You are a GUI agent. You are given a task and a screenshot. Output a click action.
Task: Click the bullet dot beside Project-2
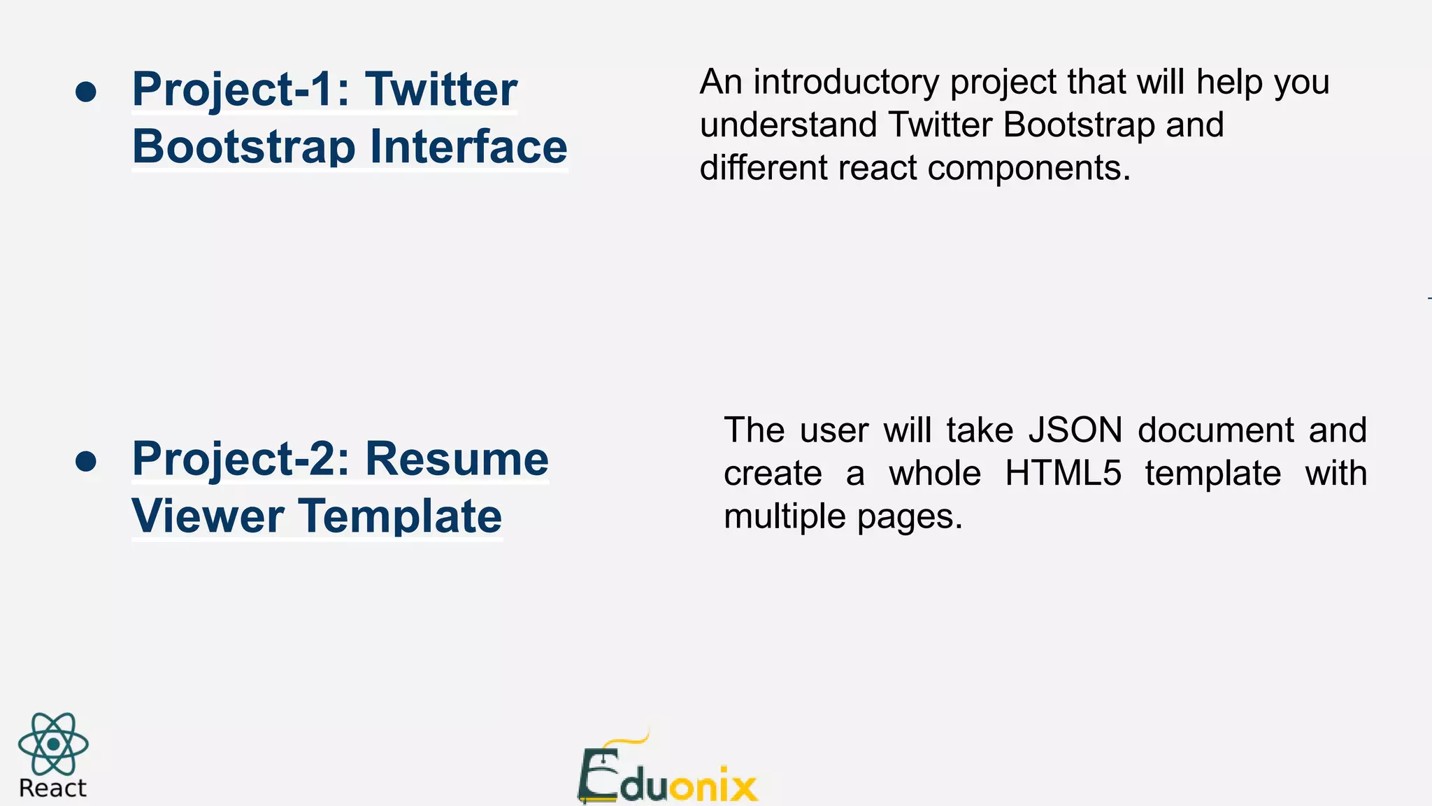[86, 462]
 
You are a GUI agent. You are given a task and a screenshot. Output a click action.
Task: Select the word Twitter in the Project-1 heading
[441, 90]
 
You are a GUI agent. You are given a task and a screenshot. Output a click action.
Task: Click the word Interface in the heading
[468, 147]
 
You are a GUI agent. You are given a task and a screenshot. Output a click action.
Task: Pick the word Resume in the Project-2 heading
[457, 459]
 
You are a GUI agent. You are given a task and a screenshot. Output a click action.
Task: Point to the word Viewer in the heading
[208, 516]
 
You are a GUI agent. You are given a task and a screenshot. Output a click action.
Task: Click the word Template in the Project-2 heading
[401, 516]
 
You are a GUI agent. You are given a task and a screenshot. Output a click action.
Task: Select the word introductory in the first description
[846, 82]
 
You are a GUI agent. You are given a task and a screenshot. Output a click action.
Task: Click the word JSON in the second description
[1075, 430]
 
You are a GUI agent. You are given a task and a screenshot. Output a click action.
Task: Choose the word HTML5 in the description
[1063, 473]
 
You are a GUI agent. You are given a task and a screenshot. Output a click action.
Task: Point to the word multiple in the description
[785, 517]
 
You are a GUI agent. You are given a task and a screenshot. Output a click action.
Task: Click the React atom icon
[53, 744]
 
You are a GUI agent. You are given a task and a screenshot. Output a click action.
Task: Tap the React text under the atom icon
[52, 789]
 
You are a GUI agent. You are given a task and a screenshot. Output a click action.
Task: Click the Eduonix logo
[667, 773]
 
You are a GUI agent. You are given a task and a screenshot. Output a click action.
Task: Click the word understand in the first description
[788, 125]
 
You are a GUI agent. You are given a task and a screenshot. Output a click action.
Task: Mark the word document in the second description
[1216, 430]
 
